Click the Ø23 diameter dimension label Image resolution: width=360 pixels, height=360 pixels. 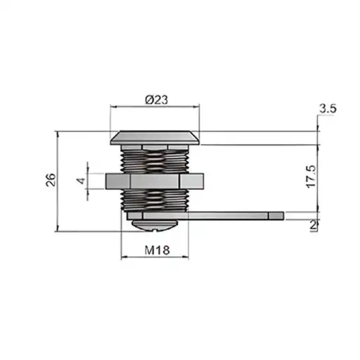click(x=157, y=100)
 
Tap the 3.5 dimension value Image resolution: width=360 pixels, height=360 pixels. click(x=328, y=109)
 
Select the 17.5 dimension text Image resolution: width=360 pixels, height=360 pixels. click(x=311, y=176)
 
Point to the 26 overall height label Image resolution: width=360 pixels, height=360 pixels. click(x=51, y=180)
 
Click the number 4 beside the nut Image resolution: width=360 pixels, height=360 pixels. click(x=82, y=181)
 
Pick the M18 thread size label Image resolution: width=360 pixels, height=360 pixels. click(x=157, y=250)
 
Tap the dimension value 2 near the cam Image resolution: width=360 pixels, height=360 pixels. click(x=313, y=226)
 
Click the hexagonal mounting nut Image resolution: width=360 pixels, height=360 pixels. click(x=155, y=181)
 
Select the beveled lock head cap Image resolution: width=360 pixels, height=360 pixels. click(x=155, y=138)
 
